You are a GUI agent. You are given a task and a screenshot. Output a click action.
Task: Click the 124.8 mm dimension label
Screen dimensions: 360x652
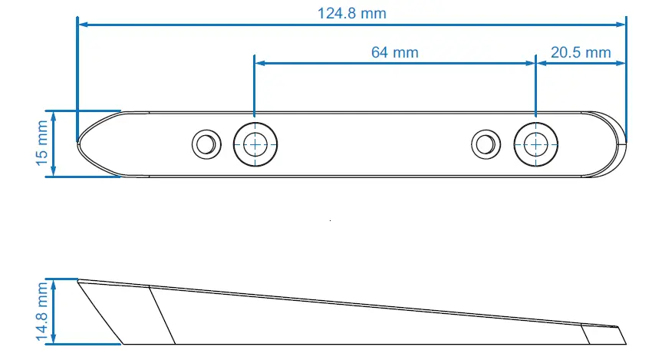[351, 13]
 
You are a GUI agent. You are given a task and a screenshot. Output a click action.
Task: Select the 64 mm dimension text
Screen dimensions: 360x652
[394, 52]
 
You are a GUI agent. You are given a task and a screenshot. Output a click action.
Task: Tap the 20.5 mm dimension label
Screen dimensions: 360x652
[581, 52]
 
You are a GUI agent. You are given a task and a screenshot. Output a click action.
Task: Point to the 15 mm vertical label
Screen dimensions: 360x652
[41, 144]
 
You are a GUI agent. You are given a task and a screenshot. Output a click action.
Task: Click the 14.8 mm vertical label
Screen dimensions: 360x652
[41, 311]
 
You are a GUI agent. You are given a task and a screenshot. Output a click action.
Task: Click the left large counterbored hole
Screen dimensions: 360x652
[255, 144]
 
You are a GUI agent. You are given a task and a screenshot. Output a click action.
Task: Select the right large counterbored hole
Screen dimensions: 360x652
[535, 144]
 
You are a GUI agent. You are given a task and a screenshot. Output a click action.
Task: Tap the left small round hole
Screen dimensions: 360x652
[205, 144]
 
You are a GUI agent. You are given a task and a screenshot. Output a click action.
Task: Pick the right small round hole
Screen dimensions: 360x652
[485, 144]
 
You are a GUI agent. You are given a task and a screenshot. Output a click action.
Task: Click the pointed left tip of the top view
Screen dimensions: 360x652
[81, 143]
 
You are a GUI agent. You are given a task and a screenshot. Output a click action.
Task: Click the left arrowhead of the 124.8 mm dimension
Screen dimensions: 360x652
[82, 25]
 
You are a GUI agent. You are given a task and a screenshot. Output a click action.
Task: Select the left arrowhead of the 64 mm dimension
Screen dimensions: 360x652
[259, 64]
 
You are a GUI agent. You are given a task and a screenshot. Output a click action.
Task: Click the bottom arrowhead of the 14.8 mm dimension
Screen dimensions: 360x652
[54, 339]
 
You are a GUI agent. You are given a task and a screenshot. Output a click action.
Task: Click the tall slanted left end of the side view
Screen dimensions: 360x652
[100, 311]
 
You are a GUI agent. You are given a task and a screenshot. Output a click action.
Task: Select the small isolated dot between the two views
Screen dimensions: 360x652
[330, 220]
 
